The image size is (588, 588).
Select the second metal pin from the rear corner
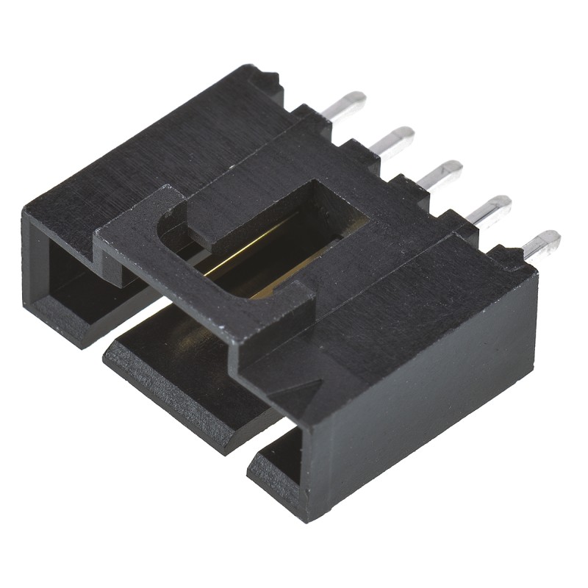[x=392, y=140]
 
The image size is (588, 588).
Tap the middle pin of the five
[x=441, y=175]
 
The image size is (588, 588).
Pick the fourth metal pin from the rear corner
[x=490, y=210]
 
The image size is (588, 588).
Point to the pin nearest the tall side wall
[x=540, y=245]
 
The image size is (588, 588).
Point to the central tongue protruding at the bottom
[x=184, y=367]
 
